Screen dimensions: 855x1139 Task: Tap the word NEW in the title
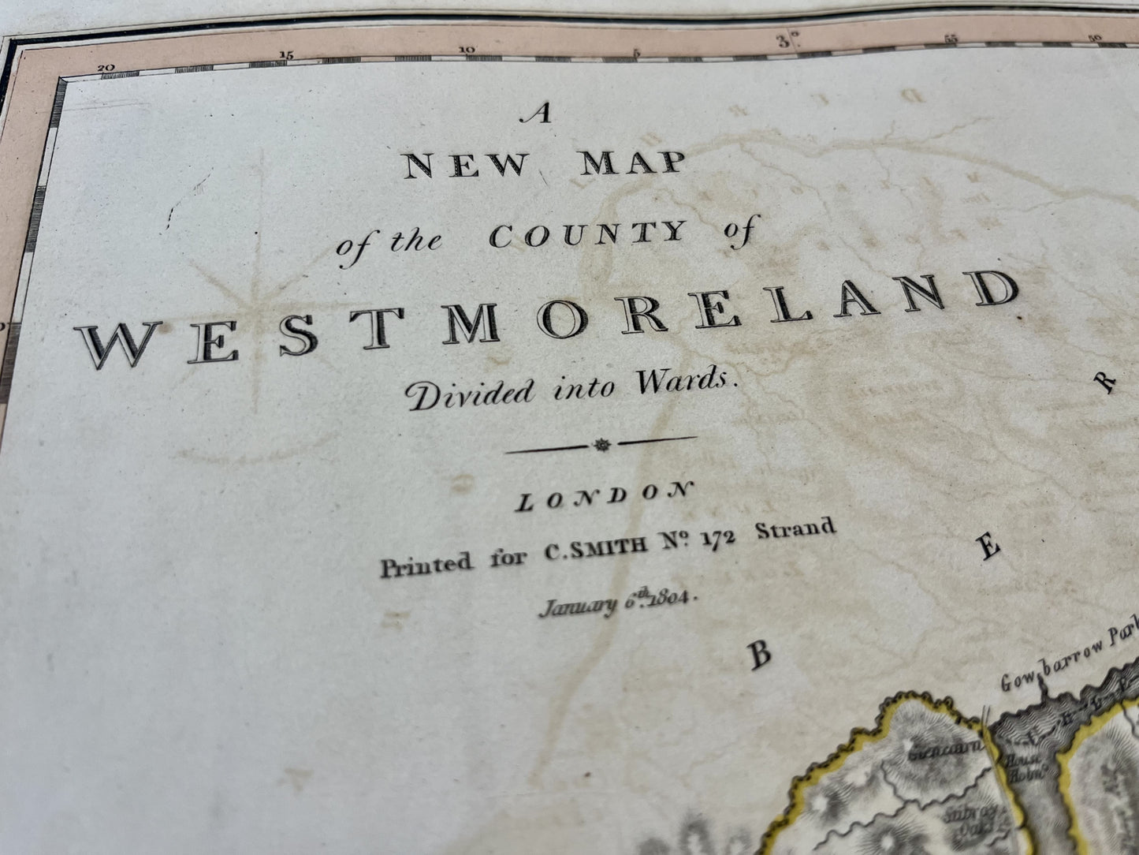click(466, 166)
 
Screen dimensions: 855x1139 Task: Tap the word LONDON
click(603, 497)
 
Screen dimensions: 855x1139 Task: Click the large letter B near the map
click(759, 655)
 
